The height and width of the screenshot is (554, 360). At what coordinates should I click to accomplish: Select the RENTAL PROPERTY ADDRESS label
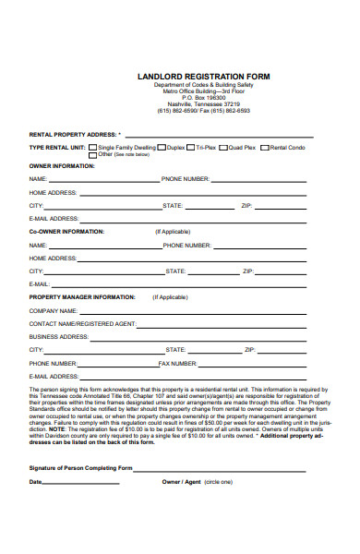click(74, 135)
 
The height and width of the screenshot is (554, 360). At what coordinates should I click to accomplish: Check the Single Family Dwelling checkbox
click(94, 148)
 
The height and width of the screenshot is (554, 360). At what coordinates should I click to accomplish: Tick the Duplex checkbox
click(163, 148)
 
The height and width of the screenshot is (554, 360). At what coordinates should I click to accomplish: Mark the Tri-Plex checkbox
click(191, 148)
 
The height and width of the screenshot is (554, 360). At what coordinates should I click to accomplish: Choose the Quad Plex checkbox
click(224, 148)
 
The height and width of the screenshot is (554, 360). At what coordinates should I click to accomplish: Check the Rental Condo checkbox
click(264, 148)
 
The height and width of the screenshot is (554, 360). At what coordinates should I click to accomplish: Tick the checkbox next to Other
click(94, 155)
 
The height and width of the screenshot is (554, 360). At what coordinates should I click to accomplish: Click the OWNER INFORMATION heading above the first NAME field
click(62, 167)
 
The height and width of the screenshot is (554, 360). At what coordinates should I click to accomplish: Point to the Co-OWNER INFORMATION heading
click(66, 232)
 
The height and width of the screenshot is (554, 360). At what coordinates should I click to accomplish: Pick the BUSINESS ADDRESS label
click(59, 337)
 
